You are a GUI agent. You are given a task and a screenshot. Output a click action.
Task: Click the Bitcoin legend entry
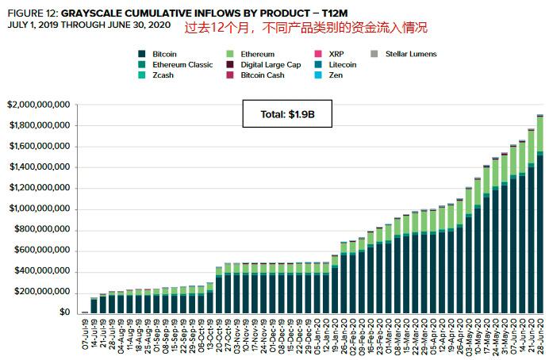(157, 54)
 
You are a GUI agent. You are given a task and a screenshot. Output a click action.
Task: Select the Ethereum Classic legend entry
(175, 65)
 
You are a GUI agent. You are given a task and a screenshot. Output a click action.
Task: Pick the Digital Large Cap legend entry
(263, 65)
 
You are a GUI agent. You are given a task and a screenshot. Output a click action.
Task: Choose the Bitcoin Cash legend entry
(255, 75)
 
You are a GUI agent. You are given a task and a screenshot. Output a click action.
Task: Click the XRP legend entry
(329, 54)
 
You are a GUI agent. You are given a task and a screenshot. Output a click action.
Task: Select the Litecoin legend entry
(336, 65)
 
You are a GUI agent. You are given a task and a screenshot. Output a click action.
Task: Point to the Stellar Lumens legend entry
(404, 54)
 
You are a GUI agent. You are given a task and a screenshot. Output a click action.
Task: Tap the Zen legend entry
(328, 75)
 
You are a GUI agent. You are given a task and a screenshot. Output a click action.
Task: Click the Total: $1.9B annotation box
(287, 113)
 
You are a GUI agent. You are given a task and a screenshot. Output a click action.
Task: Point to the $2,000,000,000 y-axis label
(39, 105)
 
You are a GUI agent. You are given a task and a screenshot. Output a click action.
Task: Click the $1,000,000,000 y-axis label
(39, 209)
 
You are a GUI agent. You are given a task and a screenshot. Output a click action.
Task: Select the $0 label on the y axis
(64, 312)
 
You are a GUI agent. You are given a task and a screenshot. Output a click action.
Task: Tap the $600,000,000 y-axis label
(42, 250)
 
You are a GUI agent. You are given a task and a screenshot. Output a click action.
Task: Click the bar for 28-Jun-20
(540, 214)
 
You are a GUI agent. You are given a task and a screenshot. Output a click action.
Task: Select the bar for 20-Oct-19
(219, 290)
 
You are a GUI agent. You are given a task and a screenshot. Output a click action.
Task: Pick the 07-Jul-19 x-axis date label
(85, 334)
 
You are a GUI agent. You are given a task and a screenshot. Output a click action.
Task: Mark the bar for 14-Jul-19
(94, 305)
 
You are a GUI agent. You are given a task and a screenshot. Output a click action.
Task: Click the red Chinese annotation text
(306, 28)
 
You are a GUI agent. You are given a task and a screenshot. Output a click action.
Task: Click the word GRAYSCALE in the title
(91, 13)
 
